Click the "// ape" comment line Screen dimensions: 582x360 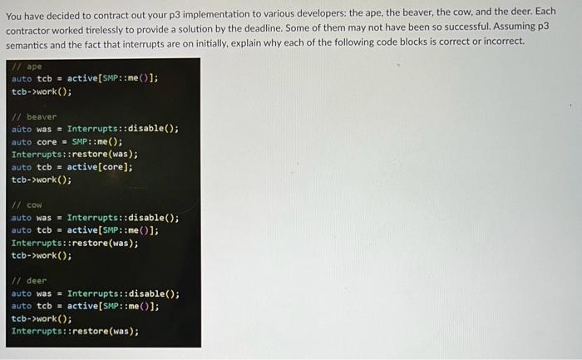(28, 67)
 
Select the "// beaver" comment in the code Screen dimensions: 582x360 (35, 117)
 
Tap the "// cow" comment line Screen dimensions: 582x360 (28, 205)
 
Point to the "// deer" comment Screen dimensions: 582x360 (30, 281)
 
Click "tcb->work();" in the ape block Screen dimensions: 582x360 (42, 91)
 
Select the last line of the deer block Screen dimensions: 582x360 (75, 331)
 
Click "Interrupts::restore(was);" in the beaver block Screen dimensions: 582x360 (75, 154)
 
